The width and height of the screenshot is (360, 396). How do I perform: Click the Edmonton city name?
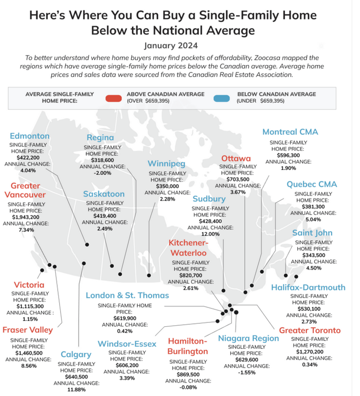30,136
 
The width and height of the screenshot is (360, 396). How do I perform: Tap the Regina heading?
100,138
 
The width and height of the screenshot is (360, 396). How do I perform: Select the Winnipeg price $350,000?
168,186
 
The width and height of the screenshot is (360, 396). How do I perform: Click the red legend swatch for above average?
113,98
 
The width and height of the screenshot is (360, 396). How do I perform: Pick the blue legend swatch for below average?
221,98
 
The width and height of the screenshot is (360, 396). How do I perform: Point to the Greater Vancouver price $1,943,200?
26,217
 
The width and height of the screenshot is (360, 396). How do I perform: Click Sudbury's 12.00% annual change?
210,234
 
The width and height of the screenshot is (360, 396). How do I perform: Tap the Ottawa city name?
236,158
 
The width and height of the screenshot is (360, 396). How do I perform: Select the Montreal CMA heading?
290,132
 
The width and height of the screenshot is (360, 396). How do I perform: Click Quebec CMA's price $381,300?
313,206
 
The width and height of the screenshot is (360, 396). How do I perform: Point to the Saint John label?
312,233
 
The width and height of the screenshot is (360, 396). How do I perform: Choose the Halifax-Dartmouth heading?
308,288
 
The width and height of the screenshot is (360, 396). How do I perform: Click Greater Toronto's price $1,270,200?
310,352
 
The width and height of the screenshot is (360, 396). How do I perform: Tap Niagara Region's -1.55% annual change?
247,373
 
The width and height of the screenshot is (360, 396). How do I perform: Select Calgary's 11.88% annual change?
77,390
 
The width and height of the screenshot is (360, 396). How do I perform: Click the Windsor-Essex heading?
127,344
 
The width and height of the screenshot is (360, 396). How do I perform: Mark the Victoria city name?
29,285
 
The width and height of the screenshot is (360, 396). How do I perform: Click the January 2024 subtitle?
171,45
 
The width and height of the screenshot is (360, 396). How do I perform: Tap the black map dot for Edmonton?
87,244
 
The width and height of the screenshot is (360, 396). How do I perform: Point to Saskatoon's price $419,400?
105,216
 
